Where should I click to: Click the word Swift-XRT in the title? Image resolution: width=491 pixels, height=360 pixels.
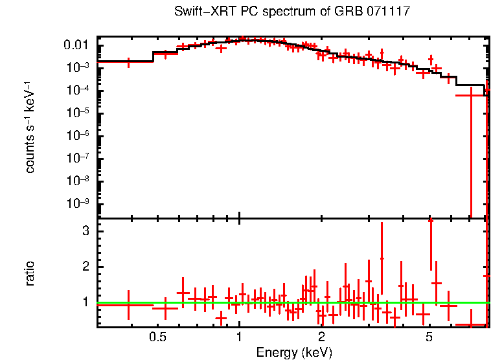[199, 12]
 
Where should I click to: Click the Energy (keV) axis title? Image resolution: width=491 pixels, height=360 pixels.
[293, 352]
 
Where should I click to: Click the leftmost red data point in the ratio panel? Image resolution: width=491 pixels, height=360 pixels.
[128, 304]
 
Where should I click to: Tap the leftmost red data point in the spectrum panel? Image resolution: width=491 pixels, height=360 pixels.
[128, 62]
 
